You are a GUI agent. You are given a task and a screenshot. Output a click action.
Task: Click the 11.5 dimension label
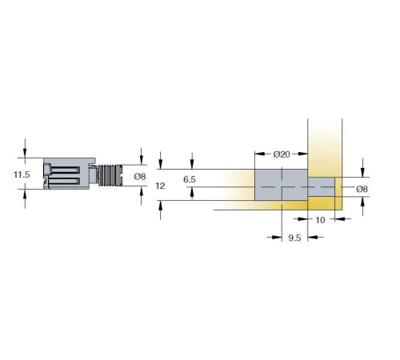[x=22, y=174]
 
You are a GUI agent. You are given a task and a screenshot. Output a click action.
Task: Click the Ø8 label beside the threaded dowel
[x=140, y=176]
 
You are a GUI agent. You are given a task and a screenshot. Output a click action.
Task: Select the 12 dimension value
[x=160, y=186]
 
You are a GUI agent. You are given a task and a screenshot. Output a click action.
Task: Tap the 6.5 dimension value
[x=190, y=179]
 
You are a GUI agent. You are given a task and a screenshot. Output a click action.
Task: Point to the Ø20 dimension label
[x=282, y=154]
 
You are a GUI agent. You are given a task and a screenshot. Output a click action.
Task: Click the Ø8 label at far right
[x=362, y=189]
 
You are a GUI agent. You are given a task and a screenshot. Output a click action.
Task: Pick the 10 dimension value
[x=320, y=220]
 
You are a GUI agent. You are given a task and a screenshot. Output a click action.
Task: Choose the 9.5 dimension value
[x=294, y=238]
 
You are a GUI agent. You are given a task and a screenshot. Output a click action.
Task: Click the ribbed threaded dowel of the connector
[x=110, y=175]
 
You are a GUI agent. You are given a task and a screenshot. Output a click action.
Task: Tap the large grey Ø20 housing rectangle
[x=282, y=185]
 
